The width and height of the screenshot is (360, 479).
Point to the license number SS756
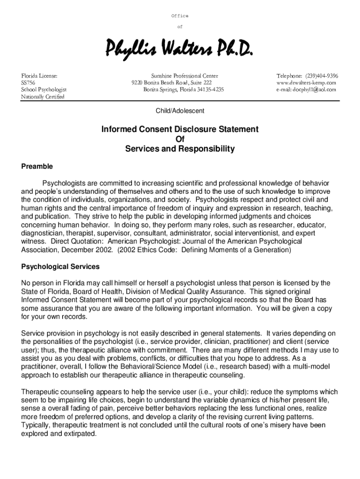point(28,83)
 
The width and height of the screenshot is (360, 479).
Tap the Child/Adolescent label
point(180,111)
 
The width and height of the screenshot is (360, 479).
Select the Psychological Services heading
point(60,267)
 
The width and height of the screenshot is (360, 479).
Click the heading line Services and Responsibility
point(180,149)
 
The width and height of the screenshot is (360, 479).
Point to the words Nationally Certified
point(43,97)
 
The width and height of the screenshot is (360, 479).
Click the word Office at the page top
point(180,16)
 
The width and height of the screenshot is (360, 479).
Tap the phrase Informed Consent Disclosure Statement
point(180,129)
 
